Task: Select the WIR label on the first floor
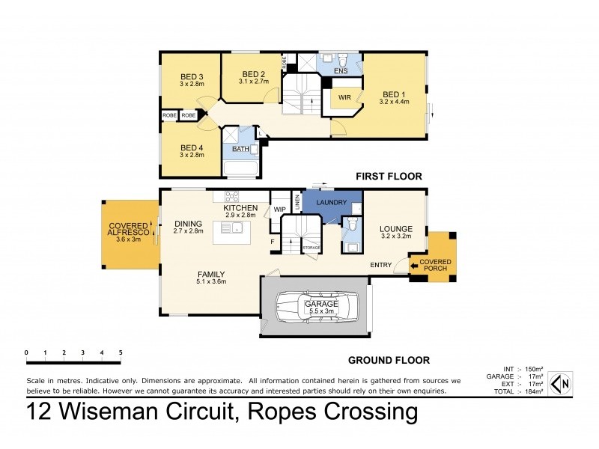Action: coord(345,98)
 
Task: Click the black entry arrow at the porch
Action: coord(414,264)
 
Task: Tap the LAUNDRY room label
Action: coord(330,203)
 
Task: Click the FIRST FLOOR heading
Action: coord(390,176)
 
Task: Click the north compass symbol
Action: coord(561,384)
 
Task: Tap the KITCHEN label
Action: coord(241,207)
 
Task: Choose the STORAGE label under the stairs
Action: coord(311,246)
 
